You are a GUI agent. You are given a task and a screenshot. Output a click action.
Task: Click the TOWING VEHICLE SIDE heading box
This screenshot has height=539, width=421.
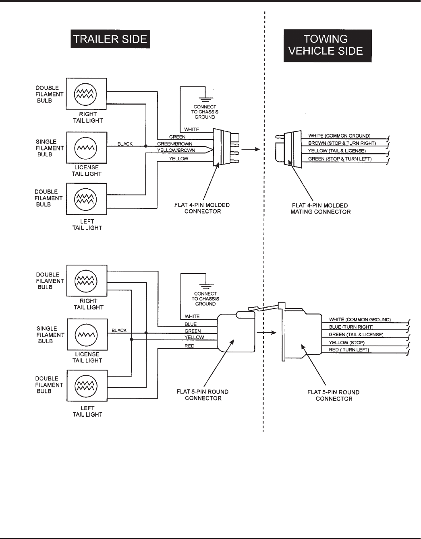327,45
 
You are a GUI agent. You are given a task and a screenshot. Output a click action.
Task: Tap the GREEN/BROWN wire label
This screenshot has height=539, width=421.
174,144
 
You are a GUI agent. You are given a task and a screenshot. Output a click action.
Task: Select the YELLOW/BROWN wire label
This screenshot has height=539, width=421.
176,150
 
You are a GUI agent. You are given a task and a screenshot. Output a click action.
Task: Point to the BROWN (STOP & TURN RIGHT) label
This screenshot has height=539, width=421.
342,143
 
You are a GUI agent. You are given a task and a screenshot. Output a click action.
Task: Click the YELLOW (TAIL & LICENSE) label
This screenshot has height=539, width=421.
337,151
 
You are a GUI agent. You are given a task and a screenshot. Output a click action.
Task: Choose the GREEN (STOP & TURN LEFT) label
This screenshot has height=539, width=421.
340,159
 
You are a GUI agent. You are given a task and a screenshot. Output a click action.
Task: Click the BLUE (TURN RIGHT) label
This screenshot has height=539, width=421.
351,327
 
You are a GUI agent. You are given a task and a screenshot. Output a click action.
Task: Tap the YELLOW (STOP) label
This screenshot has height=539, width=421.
346,342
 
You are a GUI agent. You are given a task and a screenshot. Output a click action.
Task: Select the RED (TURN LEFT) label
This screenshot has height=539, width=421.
348,350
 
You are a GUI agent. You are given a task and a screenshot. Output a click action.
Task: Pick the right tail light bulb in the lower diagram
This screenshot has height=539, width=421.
86,280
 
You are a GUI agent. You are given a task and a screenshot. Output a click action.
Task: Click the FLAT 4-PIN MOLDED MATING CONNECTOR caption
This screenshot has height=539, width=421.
320,208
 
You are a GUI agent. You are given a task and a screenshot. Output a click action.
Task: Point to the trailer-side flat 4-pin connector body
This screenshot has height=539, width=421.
220,148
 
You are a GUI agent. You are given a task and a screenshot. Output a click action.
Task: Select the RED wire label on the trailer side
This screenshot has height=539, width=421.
189,346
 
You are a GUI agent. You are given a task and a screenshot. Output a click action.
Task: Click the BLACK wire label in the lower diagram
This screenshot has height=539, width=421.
119,330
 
